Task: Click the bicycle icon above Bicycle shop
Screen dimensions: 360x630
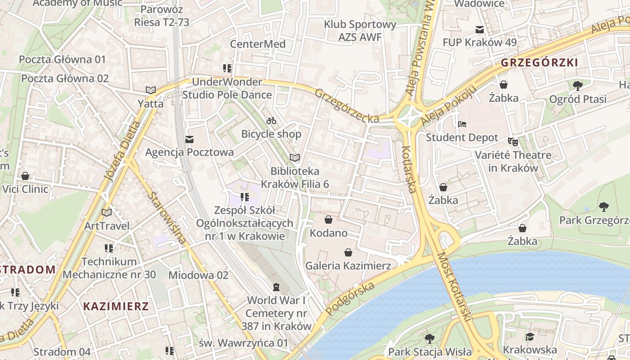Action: coord(271,121)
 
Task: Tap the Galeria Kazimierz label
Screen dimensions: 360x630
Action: coord(348,265)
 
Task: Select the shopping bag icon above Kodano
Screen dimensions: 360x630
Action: coord(328,220)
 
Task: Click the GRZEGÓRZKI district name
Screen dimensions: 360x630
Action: coord(539,63)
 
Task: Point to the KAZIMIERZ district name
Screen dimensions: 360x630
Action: coord(116,306)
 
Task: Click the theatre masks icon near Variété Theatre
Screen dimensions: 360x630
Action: coord(513,141)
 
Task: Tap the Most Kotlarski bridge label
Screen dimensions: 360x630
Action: coord(454,287)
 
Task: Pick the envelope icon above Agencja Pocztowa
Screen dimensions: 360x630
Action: coord(189,139)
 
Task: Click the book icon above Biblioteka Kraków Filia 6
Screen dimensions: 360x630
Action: coord(295,157)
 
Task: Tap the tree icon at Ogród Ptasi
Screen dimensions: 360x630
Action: coord(578,85)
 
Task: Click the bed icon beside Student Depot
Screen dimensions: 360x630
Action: coord(462,124)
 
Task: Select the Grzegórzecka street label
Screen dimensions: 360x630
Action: coord(346,106)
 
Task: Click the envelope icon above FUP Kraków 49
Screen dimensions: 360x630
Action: coord(480,30)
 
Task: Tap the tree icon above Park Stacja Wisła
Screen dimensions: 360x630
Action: coord(430,338)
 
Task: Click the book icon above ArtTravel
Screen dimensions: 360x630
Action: coord(107,212)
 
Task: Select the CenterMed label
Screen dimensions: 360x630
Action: coord(257,44)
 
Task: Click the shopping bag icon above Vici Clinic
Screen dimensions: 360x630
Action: coord(25,175)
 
